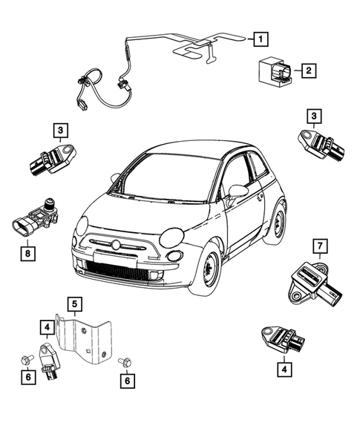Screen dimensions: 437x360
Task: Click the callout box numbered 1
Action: pyautogui.click(x=258, y=37)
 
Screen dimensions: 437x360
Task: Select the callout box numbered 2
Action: pyautogui.click(x=307, y=71)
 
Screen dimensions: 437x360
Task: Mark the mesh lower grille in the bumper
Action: pyautogui.click(x=119, y=268)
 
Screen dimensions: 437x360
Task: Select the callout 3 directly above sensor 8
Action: pyautogui.click(x=59, y=131)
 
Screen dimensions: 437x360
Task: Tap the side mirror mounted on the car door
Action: pyautogui.click(x=238, y=191)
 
